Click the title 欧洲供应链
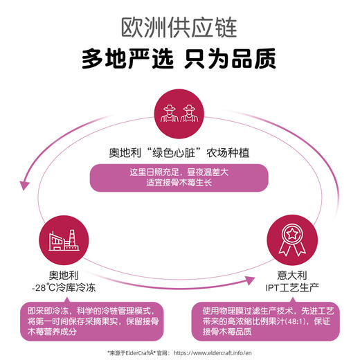[x=179, y=27]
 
